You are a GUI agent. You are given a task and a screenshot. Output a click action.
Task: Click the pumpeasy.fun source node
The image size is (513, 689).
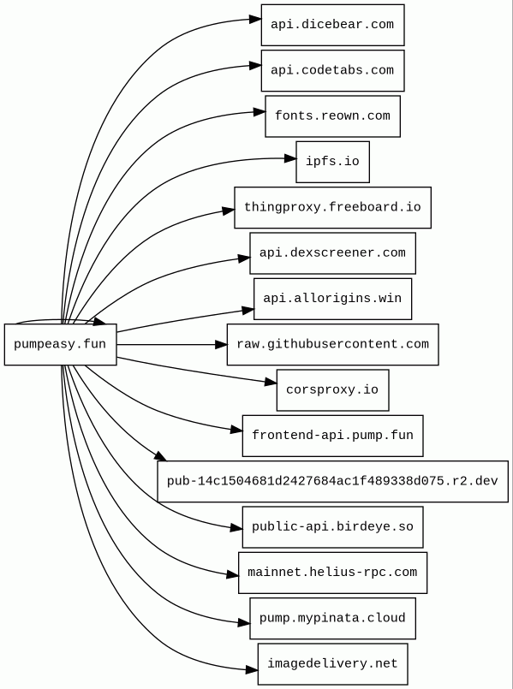click(60, 344)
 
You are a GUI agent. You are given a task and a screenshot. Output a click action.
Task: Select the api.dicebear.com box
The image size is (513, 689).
click(333, 25)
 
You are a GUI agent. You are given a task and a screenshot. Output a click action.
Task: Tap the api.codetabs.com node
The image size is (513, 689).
click(333, 71)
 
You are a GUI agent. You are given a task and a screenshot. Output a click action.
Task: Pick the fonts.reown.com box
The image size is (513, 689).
click(333, 116)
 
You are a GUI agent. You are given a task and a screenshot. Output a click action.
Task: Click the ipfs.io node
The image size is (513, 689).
click(333, 162)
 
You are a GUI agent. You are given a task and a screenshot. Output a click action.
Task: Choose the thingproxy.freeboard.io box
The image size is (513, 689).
click(333, 208)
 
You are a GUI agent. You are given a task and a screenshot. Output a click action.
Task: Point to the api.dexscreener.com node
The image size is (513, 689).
click(333, 253)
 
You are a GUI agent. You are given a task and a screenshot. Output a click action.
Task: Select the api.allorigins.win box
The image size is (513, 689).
click(333, 299)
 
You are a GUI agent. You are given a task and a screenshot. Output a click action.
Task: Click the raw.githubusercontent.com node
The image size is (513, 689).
click(333, 344)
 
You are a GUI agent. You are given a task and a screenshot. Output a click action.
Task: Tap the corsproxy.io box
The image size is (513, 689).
click(333, 390)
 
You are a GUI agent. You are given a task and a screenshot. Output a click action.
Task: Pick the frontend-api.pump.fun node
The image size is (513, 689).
click(333, 436)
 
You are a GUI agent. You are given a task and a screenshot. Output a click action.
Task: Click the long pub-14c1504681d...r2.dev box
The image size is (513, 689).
click(333, 482)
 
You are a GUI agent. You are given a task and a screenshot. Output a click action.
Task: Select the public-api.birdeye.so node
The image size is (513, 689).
click(333, 527)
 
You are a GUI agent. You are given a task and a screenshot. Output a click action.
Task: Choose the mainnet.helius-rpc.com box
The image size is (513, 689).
click(333, 573)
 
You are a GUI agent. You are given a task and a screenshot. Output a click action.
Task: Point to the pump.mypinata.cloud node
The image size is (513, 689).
click(333, 618)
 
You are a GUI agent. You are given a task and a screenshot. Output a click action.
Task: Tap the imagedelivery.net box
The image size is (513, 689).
click(333, 664)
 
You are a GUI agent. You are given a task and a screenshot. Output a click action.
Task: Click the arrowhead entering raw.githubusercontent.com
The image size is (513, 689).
click(221, 344)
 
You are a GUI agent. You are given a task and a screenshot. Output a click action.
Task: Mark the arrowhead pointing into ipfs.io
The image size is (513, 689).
click(290, 159)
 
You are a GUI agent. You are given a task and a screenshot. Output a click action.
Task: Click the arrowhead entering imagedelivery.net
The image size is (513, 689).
click(252, 670)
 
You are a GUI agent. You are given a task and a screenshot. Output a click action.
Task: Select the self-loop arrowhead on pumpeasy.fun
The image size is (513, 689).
click(99, 321)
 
